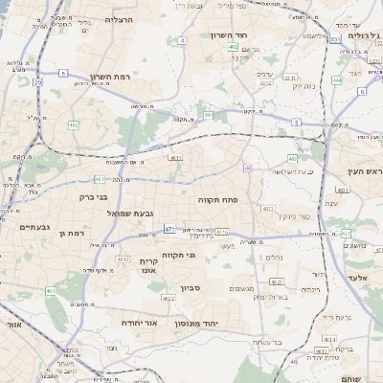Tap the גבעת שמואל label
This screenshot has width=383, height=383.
pyautogui.click(x=124, y=214)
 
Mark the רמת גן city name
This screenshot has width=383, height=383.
pyautogui.click(x=71, y=233)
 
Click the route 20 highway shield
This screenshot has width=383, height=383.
pyautogui.click(x=37, y=82)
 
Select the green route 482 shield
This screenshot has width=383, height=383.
pyautogui.click(x=74, y=124)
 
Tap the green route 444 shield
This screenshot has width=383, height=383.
pyautogui.click(x=337, y=80)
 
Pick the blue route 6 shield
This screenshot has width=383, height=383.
pyautogui.click(x=362, y=92)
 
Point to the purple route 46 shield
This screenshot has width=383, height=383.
pyautogui.click(x=294, y=362)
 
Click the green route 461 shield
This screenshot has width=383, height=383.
pyautogui.click(x=50, y=291)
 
